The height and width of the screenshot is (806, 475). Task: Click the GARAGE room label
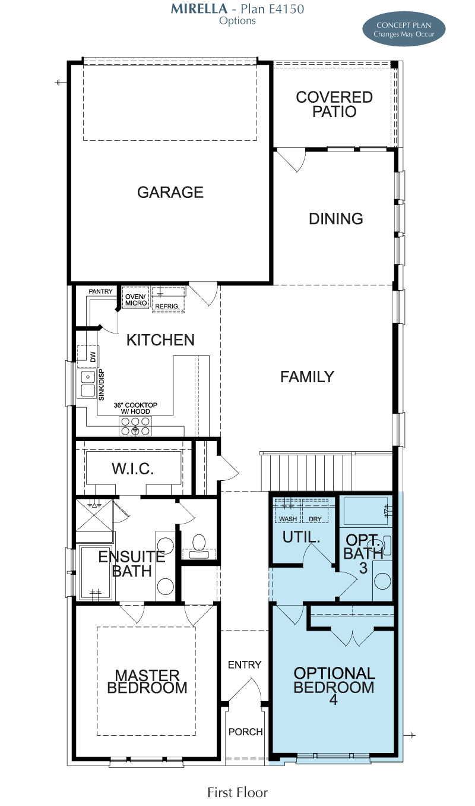click(x=170, y=192)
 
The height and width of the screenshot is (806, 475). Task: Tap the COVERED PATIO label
click(x=334, y=104)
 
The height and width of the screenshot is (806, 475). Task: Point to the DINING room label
click(x=336, y=218)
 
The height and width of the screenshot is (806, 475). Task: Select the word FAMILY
click(x=307, y=377)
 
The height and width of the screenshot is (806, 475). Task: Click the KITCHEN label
click(x=160, y=340)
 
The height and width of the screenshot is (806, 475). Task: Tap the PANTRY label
click(x=100, y=291)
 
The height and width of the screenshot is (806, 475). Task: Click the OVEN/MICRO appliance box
click(x=136, y=297)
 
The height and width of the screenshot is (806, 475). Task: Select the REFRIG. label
click(x=167, y=306)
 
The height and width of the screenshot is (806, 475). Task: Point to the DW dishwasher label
click(x=93, y=357)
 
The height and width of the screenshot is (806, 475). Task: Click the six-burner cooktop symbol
click(x=135, y=426)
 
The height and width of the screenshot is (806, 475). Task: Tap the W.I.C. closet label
click(x=132, y=469)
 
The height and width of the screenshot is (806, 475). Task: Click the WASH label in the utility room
click(x=288, y=519)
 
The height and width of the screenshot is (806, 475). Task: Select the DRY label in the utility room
click(x=315, y=519)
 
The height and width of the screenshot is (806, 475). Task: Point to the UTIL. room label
click(x=301, y=537)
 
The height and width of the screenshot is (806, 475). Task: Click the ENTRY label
click(x=245, y=665)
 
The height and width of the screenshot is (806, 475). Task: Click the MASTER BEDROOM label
click(x=147, y=682)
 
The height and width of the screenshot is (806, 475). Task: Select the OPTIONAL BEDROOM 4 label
click(x=334, y=685)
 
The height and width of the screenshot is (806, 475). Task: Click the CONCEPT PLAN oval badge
click(x=404, y=29)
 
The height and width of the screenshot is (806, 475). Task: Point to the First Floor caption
click(x=237, y=793)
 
